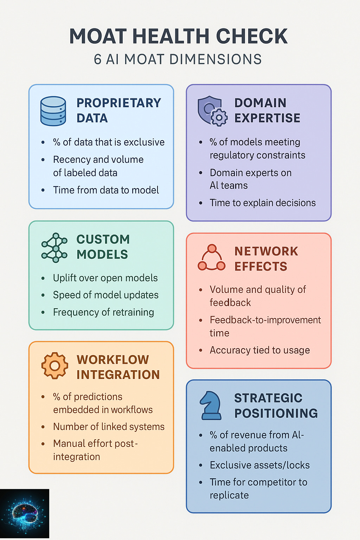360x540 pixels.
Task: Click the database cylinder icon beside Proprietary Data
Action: (x=53, y=111)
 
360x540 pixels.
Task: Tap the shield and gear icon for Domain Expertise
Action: (x=212, y=111)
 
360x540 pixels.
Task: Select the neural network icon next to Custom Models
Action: (x=54, y=247)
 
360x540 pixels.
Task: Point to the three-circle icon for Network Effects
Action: (x=211, y=258)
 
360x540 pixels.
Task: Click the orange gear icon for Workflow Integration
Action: (x=54, y=366)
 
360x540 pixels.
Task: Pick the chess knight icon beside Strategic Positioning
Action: (x=211, y=406)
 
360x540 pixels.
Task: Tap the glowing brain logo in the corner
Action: (x=24, y=514)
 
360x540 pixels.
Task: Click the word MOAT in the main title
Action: (x=98, y=36)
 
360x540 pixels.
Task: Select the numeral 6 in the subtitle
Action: (x=97, y=59)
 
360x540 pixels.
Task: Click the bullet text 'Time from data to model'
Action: (x=106, y=190)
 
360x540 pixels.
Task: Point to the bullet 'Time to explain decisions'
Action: (x=263, y=203)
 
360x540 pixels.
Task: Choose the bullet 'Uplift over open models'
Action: (x=105, y=278)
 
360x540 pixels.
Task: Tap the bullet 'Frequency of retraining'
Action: (x=103, y=312)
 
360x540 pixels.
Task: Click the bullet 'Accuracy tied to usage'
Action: (x=260, y=350)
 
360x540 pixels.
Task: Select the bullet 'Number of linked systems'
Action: (x=109, y=427)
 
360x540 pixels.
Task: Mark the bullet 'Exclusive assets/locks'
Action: (x=259, y=465)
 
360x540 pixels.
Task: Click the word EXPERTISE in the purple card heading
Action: (x=267, y=118)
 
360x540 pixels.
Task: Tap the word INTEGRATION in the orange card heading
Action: (x=118, y=375)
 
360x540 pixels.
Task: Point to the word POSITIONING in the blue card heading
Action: (x=276, y=413)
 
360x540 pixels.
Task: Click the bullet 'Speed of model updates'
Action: (x=105, y=295)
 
